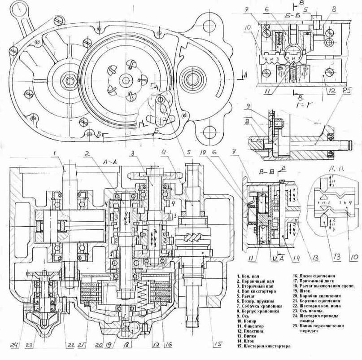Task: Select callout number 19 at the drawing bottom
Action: (109, 346)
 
